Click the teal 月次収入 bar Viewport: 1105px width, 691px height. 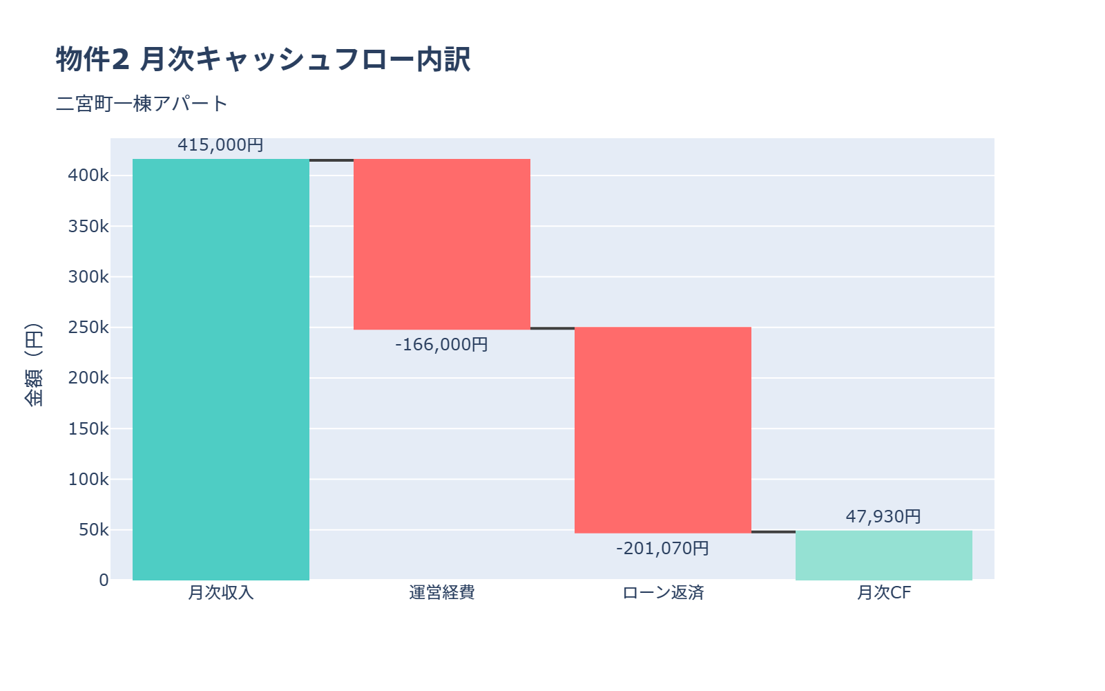[221, 370]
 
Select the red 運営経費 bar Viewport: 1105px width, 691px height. [442, 244]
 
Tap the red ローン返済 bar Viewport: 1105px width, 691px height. [663, 430]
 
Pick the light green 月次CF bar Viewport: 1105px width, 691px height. [884, 556]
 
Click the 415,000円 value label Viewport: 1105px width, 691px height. [220, 145]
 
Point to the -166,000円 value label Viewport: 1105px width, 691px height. [441, 344]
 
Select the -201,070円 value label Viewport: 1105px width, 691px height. [662, 548]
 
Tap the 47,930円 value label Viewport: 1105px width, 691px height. [883, 516]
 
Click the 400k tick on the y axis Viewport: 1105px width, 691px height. [88, 176]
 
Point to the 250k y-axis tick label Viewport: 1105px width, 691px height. [88, 328]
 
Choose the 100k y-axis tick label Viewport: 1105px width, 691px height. [88, 479]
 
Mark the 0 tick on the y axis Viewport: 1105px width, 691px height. [104, 580]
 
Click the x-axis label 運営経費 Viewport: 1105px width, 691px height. [442, 593]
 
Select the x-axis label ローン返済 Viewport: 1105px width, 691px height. [663, 593]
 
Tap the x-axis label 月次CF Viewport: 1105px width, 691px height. [884, 593]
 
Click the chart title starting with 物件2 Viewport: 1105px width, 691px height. [263, 59]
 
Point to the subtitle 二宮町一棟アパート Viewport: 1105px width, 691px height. [142, 104]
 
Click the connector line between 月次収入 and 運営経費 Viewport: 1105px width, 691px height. [331, 160]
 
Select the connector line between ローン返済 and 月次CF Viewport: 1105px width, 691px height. [773, 531]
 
